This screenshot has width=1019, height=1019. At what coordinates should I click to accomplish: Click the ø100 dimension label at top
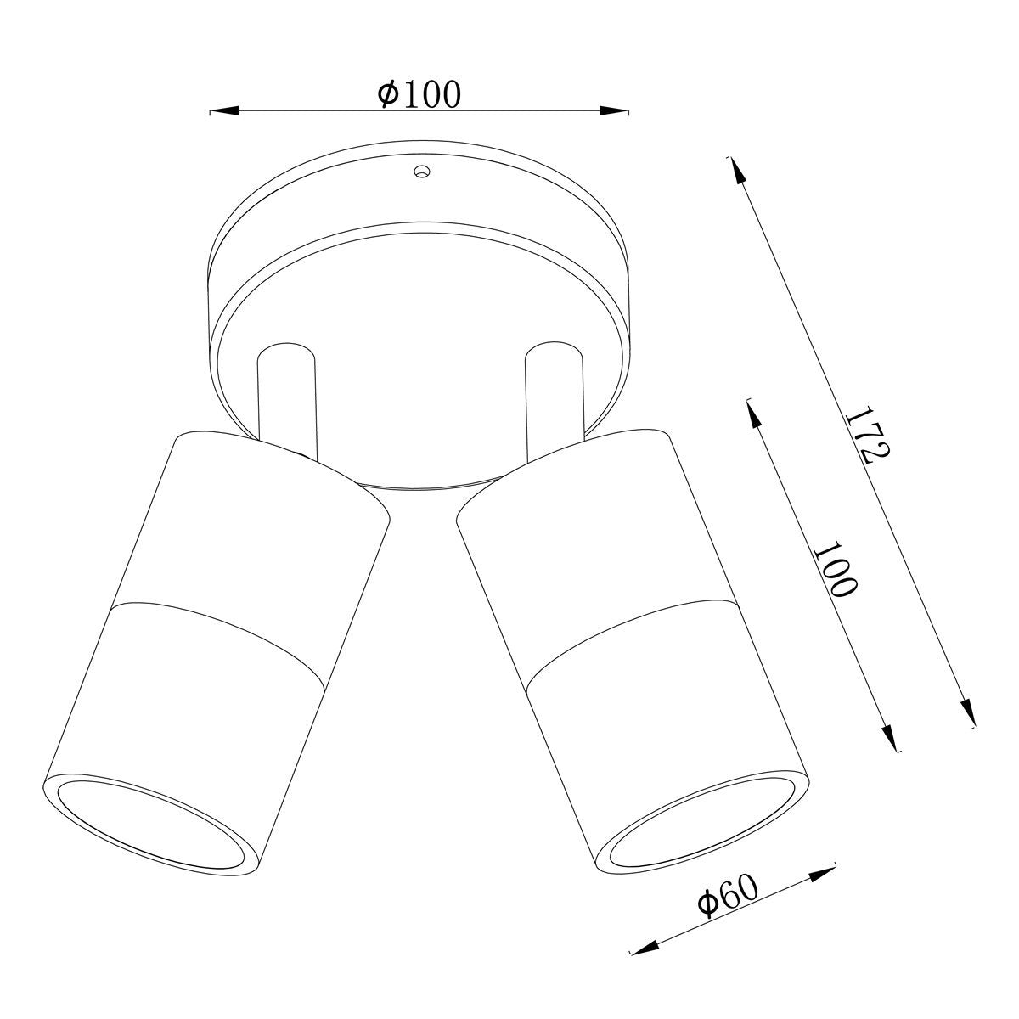pos(419,94)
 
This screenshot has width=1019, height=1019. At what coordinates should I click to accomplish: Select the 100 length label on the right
pos(836,566)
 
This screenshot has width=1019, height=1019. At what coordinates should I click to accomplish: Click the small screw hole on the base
pos(419,172)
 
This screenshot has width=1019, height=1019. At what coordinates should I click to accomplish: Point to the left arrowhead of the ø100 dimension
pos(223,110)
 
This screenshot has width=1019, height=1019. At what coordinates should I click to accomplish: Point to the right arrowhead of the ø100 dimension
pos(615,110)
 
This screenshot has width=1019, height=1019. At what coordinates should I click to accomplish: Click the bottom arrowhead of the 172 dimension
pos(968,712)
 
